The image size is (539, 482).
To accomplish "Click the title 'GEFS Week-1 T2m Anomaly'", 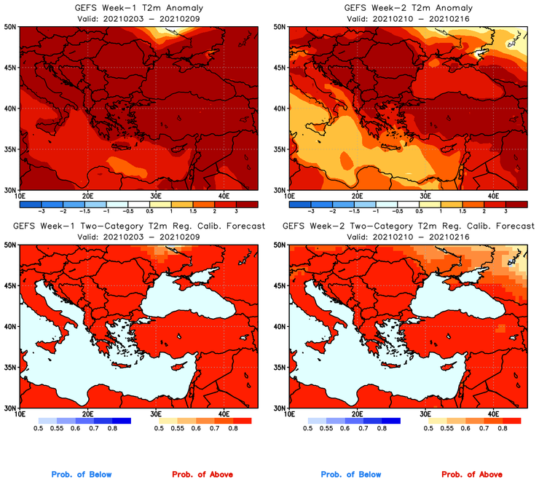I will point(138,7).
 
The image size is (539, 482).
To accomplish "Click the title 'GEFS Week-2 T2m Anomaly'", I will point(408,7).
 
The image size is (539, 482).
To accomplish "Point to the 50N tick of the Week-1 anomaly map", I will point(11,26).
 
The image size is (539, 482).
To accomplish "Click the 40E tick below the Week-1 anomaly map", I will point(224,196).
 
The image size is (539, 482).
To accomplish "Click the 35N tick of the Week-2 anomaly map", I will point(280,149).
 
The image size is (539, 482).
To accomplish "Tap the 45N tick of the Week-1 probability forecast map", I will point(11,285).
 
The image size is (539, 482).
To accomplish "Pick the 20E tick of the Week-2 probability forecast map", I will point(357,414).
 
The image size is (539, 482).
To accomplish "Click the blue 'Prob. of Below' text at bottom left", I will point(82,474).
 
